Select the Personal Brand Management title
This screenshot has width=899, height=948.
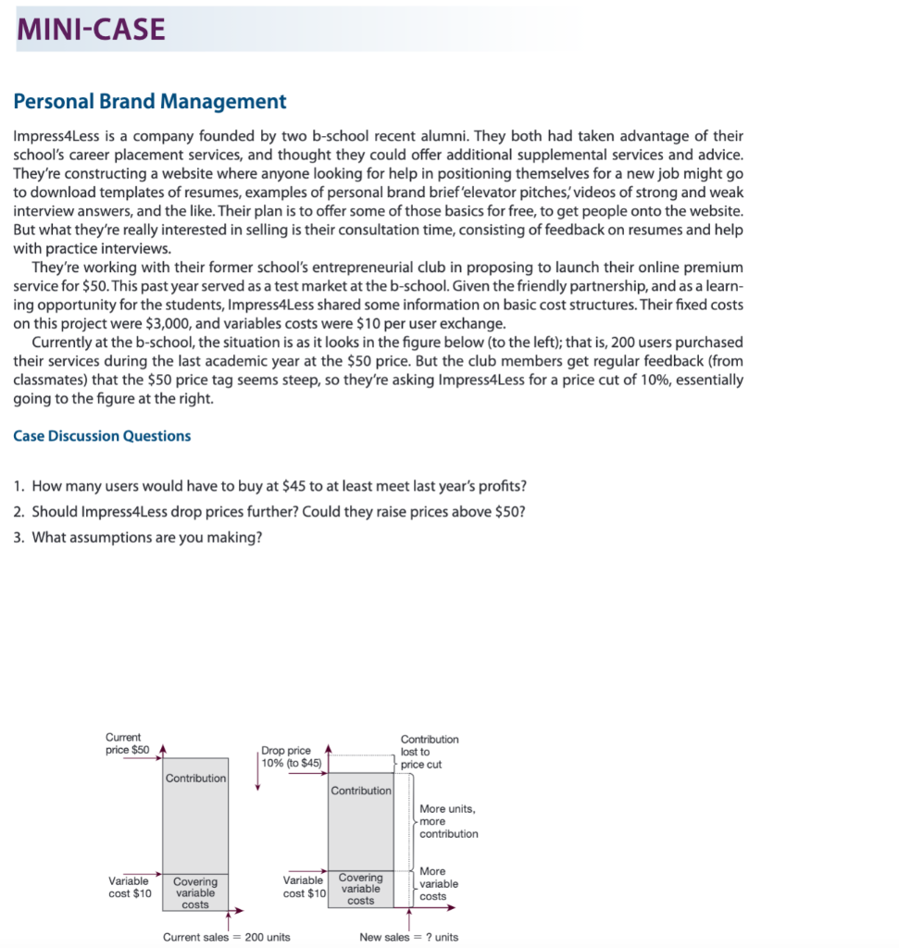pyautogui.click(x=150, y=101)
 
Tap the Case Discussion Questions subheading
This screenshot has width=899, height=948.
pyautogui.click(x=102, y=435)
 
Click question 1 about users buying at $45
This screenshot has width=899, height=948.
pyautogui.click(x=278, y=487)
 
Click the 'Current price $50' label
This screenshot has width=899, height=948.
pyautogui.click(x=128, y=742)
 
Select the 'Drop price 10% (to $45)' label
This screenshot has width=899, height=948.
pyautogui.click(x=292, y=756)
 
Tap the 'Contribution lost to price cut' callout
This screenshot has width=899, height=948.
pyautogui.click(x=429, y=752)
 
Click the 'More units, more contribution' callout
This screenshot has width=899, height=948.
pyautogui.click(x=448, y=821)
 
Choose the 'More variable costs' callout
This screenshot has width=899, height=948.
pyautogui.click(x=438, y=883)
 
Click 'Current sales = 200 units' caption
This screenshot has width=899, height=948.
pyautogui.click(x=226, y=936)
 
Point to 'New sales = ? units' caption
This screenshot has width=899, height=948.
pyautogui.click(x=408, y=936)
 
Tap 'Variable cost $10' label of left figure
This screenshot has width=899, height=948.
pyautogui.click(x=131, y=887)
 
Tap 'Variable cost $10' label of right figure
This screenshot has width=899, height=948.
pyautogui.click(x=305, y=886)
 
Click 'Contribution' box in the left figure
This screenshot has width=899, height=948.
pyautogui.click(x=195, y=779)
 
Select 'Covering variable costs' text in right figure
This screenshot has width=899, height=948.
pyautogui.click(x=360, y=888)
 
